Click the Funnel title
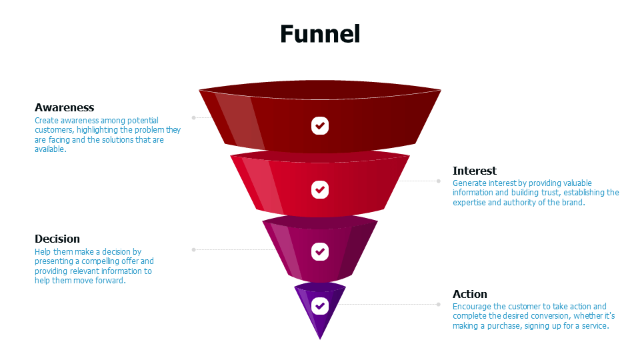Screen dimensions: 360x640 320,33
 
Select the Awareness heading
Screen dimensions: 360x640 64,107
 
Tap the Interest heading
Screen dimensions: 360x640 474,171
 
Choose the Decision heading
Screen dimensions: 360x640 57,239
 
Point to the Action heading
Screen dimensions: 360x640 469,294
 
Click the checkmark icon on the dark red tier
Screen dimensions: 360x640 320,125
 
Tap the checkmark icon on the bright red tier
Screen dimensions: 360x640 320,189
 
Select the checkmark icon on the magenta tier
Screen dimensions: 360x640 320,251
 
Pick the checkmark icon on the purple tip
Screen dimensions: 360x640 320,305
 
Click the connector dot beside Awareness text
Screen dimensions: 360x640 193,117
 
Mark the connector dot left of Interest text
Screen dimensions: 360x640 439,181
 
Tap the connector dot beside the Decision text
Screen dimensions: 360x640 193,249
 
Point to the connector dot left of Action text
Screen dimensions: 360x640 439,304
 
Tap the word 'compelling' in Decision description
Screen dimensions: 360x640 105,262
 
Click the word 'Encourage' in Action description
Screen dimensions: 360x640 471,307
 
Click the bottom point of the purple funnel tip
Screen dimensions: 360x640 320,339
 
